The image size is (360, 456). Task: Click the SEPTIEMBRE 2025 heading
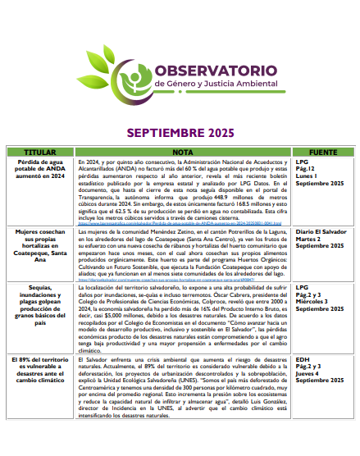pos(179,133)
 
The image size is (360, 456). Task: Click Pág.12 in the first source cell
pos(307,171)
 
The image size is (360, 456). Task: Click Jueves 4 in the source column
pos(309,373)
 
